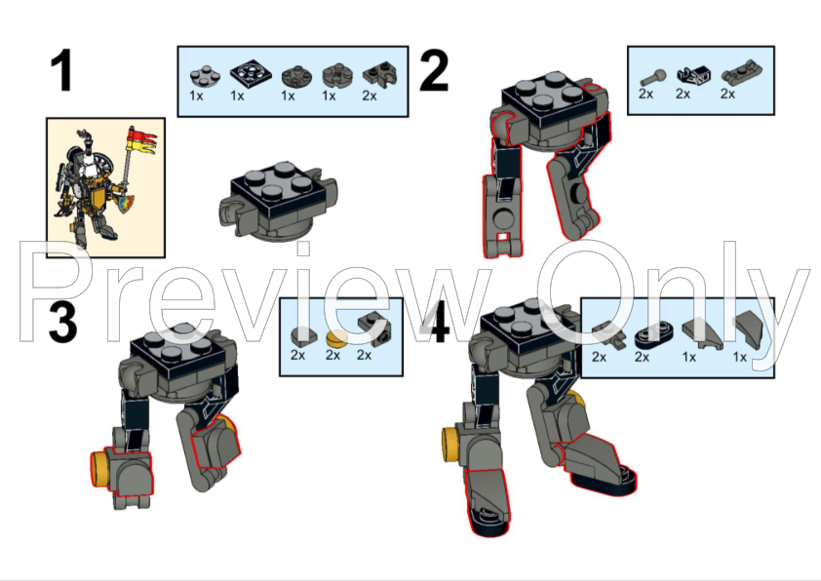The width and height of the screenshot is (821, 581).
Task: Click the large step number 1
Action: pyautogui.click(x=62, y=72)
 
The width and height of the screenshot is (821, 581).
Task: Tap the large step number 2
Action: pyautogui.click(x=434, y=72)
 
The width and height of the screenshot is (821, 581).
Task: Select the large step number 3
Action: pyautogui.click(x=62, y=324)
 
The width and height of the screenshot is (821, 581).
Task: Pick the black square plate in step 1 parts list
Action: pyautogui.click(x=244, y=73)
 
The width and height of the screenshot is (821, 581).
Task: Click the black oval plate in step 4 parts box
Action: pyautogui.click(x=647, y=335)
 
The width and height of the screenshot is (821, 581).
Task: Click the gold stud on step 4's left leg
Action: pyautogui.click(x=450, y=443)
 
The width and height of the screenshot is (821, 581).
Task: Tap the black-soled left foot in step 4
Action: pyautogui.click(x=488, y=502)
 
